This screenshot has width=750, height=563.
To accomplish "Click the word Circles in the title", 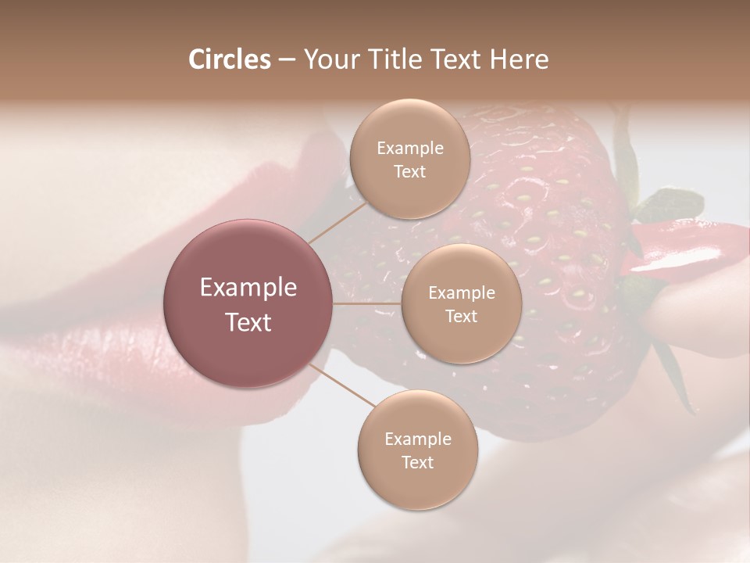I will coord(229,59).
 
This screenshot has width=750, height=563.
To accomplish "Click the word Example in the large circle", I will coord(248,288).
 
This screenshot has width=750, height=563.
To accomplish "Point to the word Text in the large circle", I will coord(248,322).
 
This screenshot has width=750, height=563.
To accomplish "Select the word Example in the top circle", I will coord(410,149).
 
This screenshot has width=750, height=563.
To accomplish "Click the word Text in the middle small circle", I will coord(462,317).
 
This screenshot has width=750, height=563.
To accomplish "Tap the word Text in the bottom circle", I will coord(417,463).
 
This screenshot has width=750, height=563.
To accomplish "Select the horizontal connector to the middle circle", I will coord(367,303).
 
